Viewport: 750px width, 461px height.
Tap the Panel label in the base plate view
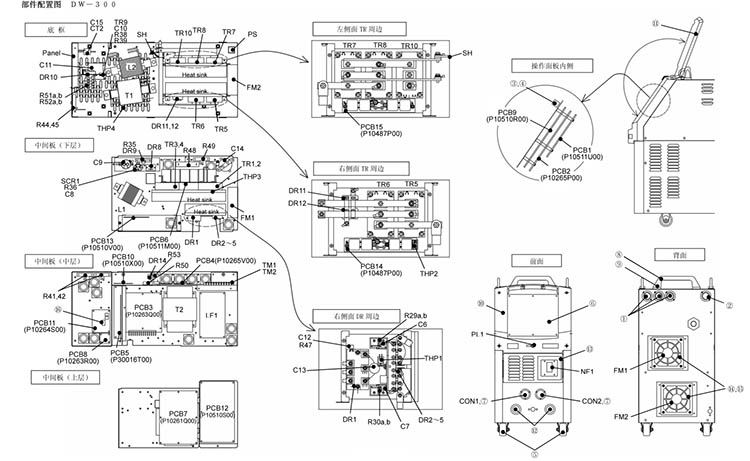coord(53,53)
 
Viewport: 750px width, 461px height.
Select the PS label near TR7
coord(252,35)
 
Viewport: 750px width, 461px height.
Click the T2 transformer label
coord(180,310)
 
